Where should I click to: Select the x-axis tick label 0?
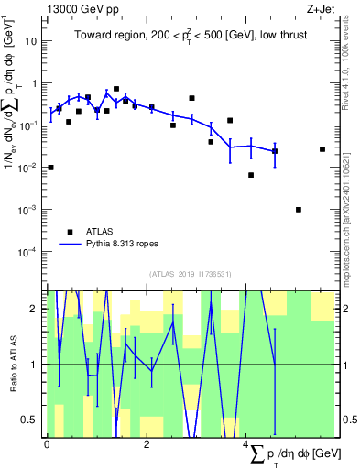click(x=47, y=445)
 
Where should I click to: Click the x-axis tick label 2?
click(x=147, y=445)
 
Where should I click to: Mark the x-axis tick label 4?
click(x=246, y=445)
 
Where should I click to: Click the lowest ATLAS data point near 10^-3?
click(x=299, y=210)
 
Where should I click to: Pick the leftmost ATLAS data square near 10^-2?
click(x=50, y=168)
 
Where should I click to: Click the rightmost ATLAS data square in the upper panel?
click(x=322, y=149)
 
